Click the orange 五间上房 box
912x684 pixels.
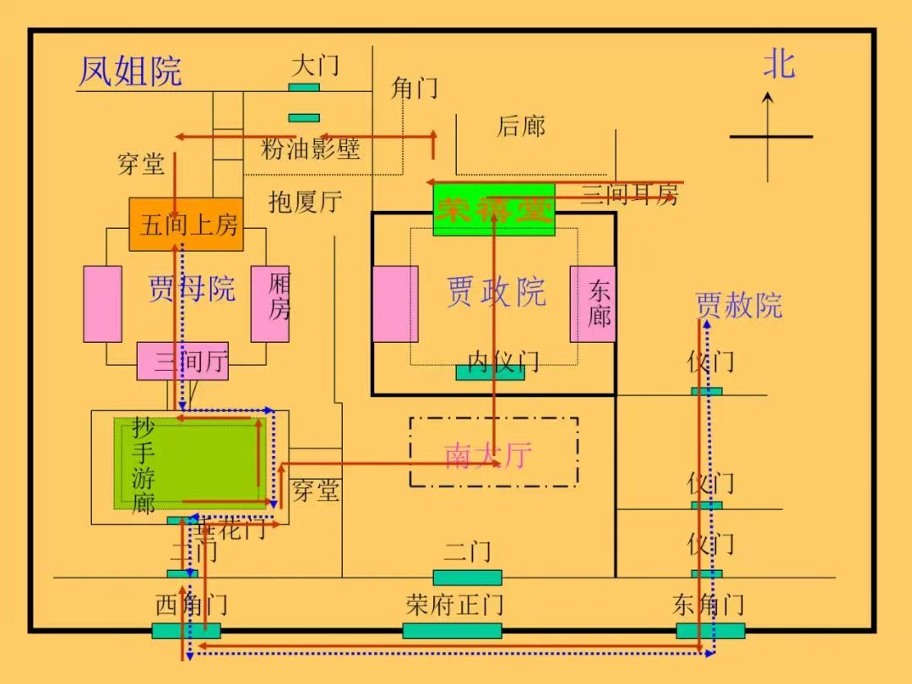point(186,225)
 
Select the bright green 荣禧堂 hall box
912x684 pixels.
point(494,209)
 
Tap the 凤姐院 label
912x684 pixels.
point(130,71)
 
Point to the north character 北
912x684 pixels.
point(779,64)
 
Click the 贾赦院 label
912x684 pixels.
point(739,305)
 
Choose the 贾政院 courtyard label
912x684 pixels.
point(496,292)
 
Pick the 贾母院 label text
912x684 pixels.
point(192,289)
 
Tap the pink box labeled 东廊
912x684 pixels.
point(593,304)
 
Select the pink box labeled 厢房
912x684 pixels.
point(270,303)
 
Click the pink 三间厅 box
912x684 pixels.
point(182,362)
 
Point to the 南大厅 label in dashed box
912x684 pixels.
point(488,455)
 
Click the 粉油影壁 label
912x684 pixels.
point(310,149)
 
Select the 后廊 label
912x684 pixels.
point(520,127)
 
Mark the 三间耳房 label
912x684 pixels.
point(630,195)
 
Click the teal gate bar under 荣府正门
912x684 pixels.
point(452,631)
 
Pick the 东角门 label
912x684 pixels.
point(708,605)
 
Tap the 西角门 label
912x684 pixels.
point(192,605)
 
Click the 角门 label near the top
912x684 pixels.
point(414,87)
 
